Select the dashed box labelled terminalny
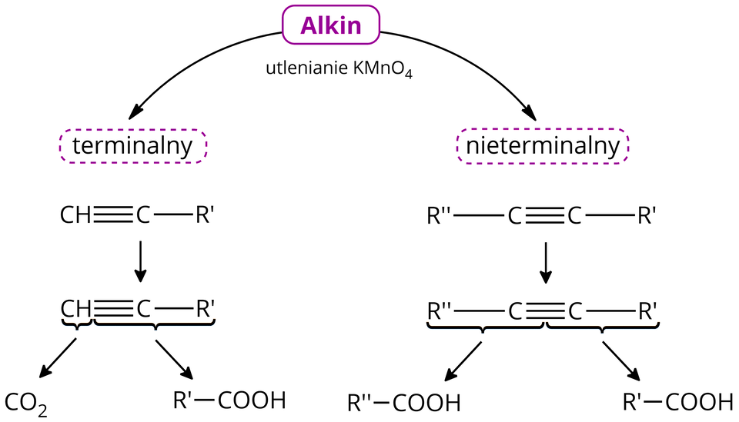[x=132, y=146]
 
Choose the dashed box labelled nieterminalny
[x=543, y=146]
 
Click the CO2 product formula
[x=26, y=402]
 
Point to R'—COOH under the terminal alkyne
[x=229, y=400]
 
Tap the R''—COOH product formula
[x=403, y=402]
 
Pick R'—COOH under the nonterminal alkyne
[x=677, y=401]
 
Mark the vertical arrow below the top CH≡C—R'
[x=139, y=262]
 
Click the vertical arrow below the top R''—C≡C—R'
[x=546, y=262]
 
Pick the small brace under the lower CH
[x=76, y=324]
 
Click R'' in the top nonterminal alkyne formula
[x=440, y=216]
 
